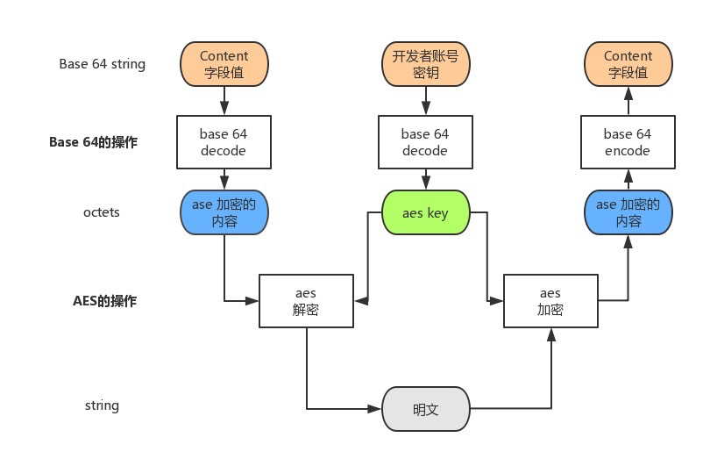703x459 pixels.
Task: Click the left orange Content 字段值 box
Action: click(x=224, y=65)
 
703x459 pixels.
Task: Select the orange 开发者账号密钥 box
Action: click(x=425, y=65)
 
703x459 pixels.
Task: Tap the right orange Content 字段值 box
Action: click(x=628, y=65)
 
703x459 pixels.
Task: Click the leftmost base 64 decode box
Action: click(x=224, y=142)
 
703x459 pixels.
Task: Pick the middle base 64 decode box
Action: click(x=425, y=142)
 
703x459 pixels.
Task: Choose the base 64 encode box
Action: click(x=628, y=142)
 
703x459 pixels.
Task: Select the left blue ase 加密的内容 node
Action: click(x=224, y=213)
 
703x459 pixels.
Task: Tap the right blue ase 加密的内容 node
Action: click(x=628, y=213)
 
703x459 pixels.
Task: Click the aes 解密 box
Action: click(x=307, y=301)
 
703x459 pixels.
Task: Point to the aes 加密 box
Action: click(x=550, y=301)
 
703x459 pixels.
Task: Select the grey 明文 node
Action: click(x=425, y=409)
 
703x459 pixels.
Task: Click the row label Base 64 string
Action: click(x=103, y=64)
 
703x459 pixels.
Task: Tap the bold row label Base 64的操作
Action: click(x=93, y=142)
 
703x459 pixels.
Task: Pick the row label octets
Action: click(x=102, y=212)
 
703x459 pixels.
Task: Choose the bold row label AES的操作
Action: click(x=104, y=301)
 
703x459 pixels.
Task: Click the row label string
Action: click(x=102, y=405)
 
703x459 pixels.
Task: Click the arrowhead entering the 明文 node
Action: click(x=376, y=409)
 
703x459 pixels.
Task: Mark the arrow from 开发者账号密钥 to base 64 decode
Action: click(x=425, y=102)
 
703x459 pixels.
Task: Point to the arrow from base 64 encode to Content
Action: click(x=628, y=102)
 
